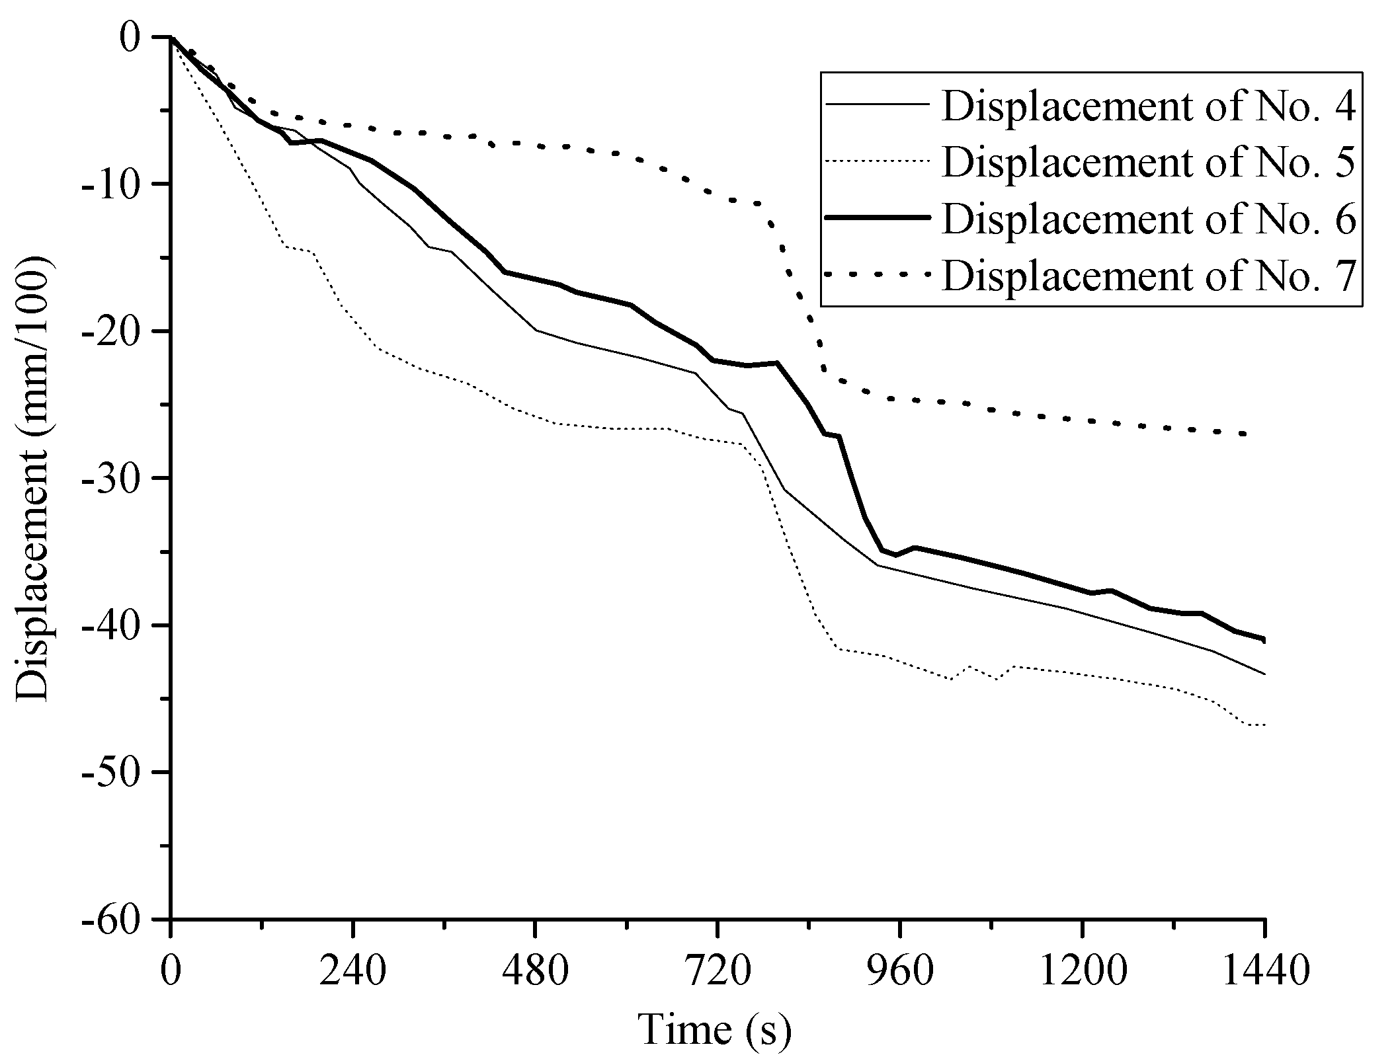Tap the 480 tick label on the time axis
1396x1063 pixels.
click(x=534, y=970)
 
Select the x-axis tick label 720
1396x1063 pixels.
click(x=717, y=970)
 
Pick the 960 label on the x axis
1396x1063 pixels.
click(x=899, y=970)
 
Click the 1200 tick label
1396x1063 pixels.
click(x=1082, y=970)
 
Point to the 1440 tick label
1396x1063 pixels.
click(x=1263, y=970)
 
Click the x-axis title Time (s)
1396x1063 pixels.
click(x=715, y=1029)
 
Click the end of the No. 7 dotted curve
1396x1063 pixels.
click(x=1244, y=434)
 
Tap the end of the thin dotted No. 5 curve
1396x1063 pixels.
click(x=1264, y=725)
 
